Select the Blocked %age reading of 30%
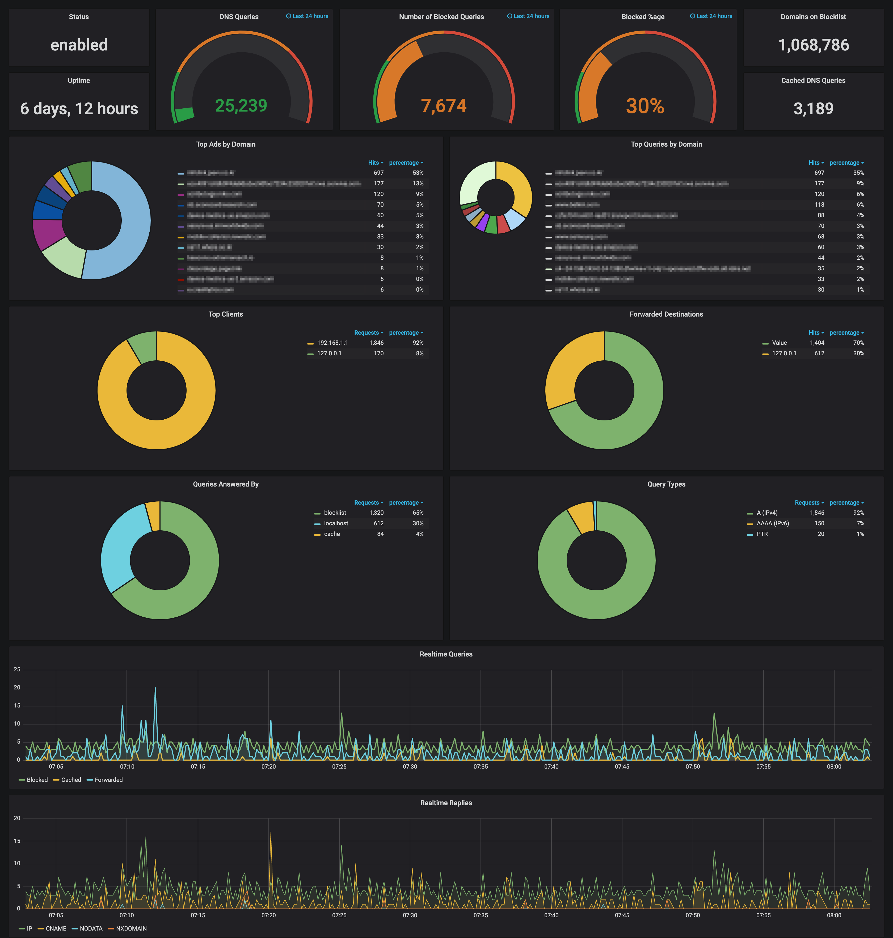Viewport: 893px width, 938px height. (x=645, y=106)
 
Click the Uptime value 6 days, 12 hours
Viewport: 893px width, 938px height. (x=79, y=108)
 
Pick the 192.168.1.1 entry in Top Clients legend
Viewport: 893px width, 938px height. (x=332, y=343)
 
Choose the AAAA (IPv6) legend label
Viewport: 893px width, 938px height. (x=773, y=523)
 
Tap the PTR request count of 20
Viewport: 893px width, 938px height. (x=821, y=534)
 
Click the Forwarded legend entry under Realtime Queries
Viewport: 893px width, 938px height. (x=108, y=780)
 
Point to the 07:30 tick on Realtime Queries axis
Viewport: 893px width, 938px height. (x=410, y=766)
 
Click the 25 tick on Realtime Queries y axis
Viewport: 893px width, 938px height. (x=17, y=669)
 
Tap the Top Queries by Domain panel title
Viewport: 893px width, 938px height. (x=666, y=144)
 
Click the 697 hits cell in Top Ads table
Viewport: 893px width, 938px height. (x=378, y=173)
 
